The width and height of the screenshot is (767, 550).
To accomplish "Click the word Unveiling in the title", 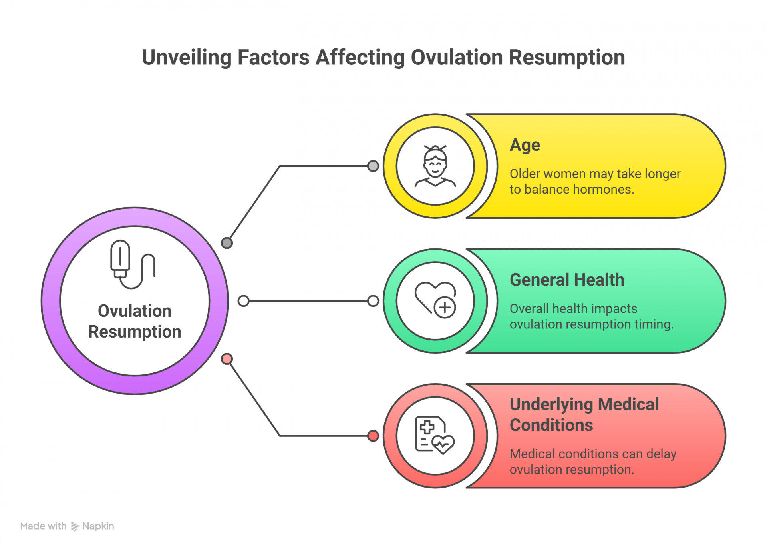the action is [187, 57].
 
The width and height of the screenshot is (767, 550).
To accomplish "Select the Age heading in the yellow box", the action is [525, 145].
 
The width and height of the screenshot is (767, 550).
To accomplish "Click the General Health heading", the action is [567, 280].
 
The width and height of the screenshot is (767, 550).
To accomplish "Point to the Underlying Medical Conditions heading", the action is [584, 414].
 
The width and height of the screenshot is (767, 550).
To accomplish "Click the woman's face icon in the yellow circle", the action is [435, 166].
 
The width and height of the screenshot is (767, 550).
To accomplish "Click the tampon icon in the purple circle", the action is [133, 264].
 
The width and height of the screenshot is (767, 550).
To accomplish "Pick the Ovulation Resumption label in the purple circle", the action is [135, 321].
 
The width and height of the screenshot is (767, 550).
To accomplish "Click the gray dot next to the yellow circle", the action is [373, 166].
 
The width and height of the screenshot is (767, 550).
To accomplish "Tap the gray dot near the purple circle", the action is [227, 243].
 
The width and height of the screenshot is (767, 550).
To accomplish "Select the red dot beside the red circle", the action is [373, 436].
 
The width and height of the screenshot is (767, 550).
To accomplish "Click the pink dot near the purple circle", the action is [227, 359].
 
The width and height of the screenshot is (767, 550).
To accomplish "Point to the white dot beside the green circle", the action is [373, 301].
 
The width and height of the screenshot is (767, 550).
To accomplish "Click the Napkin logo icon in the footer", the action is [75, 526].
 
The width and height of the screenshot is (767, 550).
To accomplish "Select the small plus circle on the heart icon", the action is [445, 308].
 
